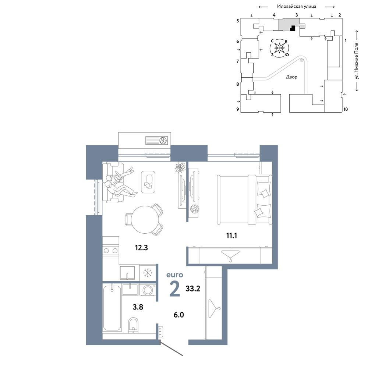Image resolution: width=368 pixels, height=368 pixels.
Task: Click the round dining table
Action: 145,220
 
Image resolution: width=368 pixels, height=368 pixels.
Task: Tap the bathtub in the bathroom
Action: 112,308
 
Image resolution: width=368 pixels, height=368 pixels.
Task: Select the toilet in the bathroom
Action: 134,325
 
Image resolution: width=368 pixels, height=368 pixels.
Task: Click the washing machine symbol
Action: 148,290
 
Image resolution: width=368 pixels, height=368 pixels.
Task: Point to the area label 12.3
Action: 141,248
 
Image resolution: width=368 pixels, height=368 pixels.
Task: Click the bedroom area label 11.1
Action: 231,236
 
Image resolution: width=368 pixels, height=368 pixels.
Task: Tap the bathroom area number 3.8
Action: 138,307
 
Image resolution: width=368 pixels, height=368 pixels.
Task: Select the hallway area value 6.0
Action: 178,315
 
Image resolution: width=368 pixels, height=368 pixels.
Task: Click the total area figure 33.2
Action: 193,289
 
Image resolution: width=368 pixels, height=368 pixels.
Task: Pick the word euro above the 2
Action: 174,275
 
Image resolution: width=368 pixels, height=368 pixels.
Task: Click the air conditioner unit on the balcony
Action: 156,141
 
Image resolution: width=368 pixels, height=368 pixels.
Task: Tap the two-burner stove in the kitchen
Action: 110,251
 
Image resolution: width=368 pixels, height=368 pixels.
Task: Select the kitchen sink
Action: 127,273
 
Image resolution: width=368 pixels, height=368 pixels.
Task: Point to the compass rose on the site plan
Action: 279,48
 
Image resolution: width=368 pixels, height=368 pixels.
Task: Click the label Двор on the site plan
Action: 291,77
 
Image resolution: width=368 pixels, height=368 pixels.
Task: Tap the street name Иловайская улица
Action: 297,6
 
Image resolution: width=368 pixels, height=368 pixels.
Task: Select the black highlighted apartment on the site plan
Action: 293,28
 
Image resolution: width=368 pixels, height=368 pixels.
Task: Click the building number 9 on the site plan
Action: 238,109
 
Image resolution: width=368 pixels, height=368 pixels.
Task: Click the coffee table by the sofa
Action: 148,182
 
